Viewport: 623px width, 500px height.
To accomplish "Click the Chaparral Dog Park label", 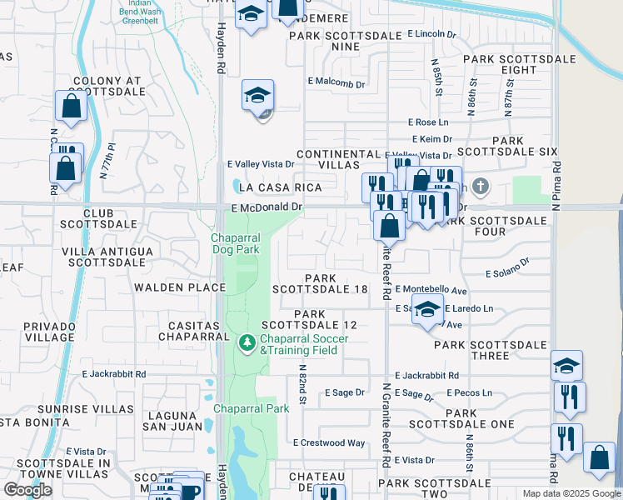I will click(x=235, y=242).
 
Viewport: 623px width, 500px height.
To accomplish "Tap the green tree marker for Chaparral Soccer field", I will click(x=247, y=342).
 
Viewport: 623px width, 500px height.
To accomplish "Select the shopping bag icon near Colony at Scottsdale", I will click(x=71, y=107).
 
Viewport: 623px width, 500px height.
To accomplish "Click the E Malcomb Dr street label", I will click(x=336, y=83).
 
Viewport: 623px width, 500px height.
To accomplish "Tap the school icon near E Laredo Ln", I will click(x=427, y=310).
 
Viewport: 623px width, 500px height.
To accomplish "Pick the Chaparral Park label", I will click(x=252, y=408).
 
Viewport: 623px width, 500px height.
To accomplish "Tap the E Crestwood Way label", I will click(x=329, y=443).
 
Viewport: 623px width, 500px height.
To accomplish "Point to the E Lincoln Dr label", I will click(x=432, y=34).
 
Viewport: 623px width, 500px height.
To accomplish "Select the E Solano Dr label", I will click(x=507, y=268).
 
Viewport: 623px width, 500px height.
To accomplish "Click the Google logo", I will click(x=27, y=490).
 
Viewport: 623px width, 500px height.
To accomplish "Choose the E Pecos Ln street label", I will click(x=470, y=392).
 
